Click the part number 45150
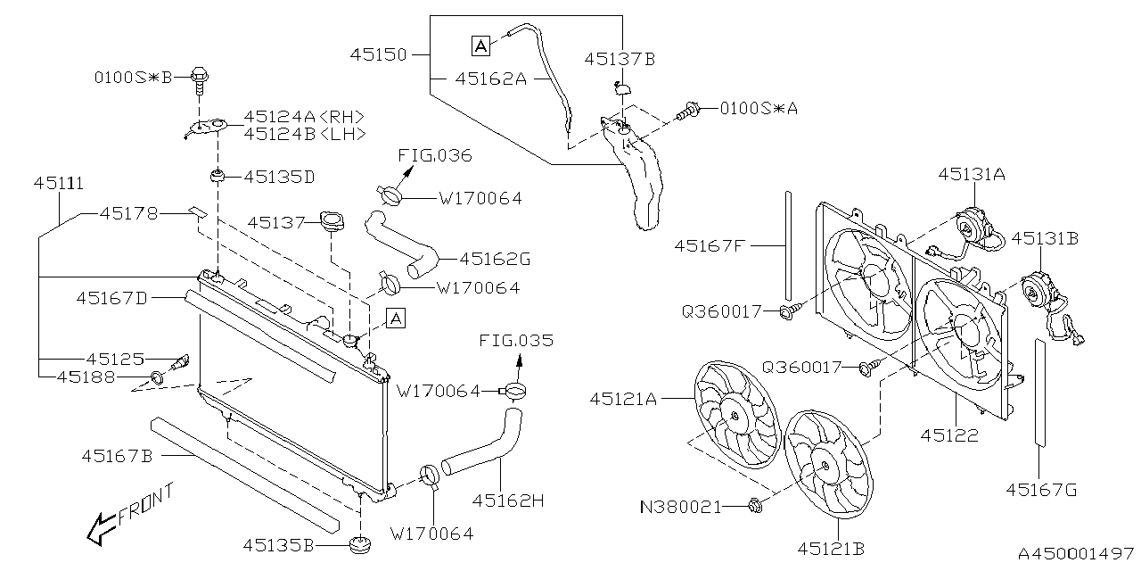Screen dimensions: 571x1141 (378, 55)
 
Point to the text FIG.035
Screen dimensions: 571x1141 (515, 341)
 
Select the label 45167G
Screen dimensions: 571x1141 (1041, 489)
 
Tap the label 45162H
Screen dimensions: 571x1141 (508, 501)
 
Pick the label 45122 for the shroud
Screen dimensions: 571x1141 (949, 436)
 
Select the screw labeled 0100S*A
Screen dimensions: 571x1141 (687, 112)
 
